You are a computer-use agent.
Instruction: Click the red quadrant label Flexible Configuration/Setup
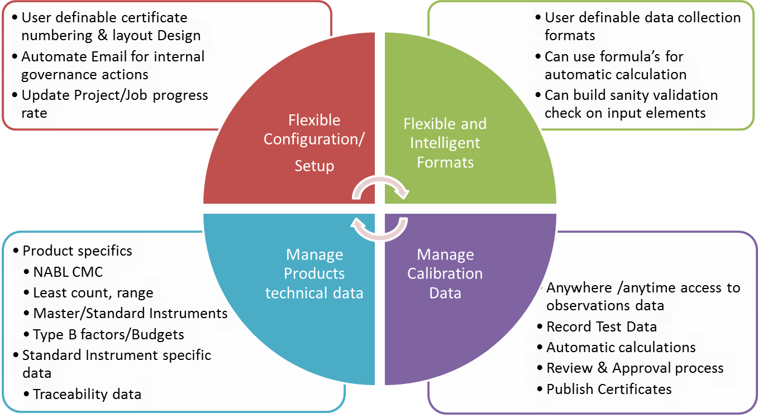click(x=313, y=143)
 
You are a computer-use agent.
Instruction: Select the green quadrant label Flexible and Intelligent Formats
click(x=445, y=143)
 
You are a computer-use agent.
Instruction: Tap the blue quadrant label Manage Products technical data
click(x=314, y=273)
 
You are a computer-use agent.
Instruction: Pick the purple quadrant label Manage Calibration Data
click(x=445, y=273)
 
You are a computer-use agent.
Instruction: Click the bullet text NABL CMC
click(x=68, y=272)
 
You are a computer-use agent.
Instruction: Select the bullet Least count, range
click(x=93, y=292)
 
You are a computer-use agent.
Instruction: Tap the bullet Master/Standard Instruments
click(x=130, y=313)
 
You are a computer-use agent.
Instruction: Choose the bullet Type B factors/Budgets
click(x=108, y=334)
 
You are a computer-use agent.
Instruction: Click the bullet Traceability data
click(x=87, y=394)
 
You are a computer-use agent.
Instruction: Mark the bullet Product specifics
click(x=77, y=251)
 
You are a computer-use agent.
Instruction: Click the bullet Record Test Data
click(x=601, y=326)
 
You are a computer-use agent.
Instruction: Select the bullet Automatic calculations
click(x=621, y=347)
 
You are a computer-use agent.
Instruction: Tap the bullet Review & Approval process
click(x=635, y=368)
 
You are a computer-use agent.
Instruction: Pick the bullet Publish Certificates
click(x=609, y=388)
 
